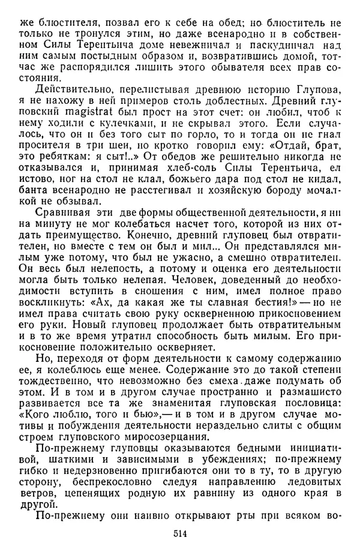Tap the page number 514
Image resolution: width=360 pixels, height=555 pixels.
tap(180, 533)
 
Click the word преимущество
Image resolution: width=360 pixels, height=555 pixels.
tap(82, 233)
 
